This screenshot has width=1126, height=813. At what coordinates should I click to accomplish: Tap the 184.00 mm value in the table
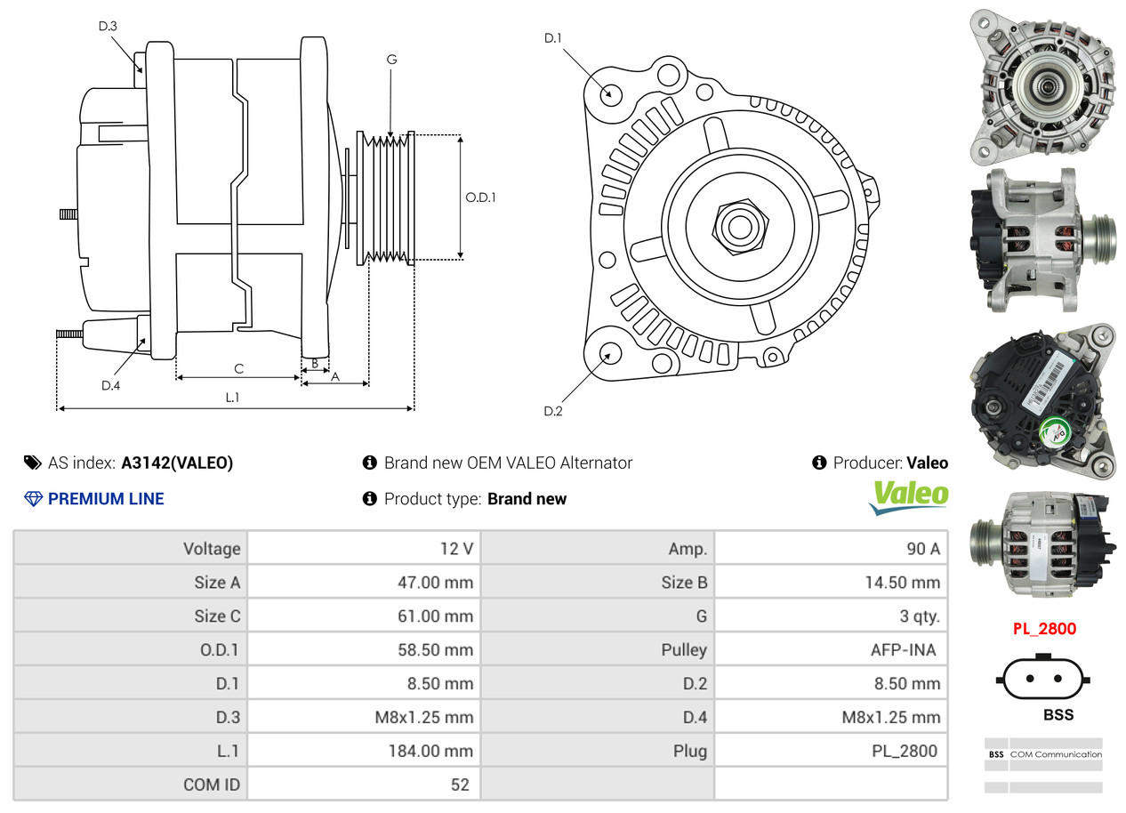pyautogui.click(x=430, y=751)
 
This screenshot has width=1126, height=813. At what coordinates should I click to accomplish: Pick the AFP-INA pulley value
pyautogui.click(x=904, y=649)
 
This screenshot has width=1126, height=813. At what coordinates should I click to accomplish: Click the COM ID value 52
pyautogui.click(x=460, y=785)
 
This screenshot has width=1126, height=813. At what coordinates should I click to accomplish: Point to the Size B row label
pyautogui.click(x=684, y=583)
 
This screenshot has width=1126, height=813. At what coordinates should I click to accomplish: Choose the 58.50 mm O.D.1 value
pyautogui.click(x=435, y=649)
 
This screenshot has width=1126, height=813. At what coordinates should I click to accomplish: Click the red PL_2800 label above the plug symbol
pyautogui.click(x=1044, y=629)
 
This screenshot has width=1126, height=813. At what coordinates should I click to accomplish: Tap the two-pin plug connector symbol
pyautogui.click(x=1043, y=677)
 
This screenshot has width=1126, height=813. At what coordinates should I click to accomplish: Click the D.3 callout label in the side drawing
pyautogui.click(x=108, y=26)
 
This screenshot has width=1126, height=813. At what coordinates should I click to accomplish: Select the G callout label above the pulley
pyautogui.click(x=391, y=60)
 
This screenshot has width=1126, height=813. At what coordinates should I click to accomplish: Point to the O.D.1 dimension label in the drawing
pyautogui.click(x=480, y=197)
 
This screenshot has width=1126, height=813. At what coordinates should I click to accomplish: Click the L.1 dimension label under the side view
pyautogui.click(x=232, y=398)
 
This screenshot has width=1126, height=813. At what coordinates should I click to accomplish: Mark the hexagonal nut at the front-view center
pyautogui.click(x=740, y=227)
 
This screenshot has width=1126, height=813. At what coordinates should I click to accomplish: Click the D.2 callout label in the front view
pyautogui.click(x=553, y=411)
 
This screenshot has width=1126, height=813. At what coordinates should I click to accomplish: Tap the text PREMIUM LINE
pyautogui.click(x=106, y=499)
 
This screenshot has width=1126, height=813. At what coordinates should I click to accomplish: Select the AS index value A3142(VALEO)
pyautogui.click(x=177, y=463)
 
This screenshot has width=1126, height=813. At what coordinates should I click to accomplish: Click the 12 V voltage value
pyautogui.click(x=456, y=549)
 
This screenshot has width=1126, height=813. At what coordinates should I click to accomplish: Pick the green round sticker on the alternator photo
pyautogui.click(x=1055, y=431)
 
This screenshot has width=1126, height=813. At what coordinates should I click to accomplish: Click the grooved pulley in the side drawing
pyautogui.click(x=385, y=197)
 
